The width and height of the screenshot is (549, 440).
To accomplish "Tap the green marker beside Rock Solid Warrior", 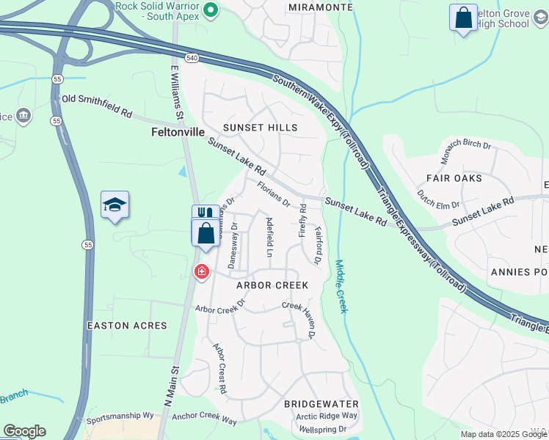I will click(211, 10).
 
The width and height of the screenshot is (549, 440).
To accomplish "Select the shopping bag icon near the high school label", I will click(463, 19).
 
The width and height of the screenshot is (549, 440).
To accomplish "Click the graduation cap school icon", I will click(114, 205).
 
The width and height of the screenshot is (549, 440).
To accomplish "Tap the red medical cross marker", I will click(201, 273).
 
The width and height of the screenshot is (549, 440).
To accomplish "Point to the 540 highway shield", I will click(192, 58).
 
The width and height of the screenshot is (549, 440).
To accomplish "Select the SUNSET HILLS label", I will click(261, 128).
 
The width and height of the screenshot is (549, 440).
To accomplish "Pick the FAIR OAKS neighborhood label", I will click(454, 178).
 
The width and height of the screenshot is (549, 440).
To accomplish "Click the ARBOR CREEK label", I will click(272, 285).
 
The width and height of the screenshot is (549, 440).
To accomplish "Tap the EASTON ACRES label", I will click(127, 326).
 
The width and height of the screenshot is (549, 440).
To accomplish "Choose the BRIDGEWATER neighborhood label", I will click(321, 404).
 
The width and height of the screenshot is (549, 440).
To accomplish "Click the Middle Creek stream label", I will click(341, 286).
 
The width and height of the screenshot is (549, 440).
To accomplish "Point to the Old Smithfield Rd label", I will click(97, 106).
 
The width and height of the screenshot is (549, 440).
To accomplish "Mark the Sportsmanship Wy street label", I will click(120, 419).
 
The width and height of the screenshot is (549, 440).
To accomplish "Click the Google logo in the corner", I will click(24, 431).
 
